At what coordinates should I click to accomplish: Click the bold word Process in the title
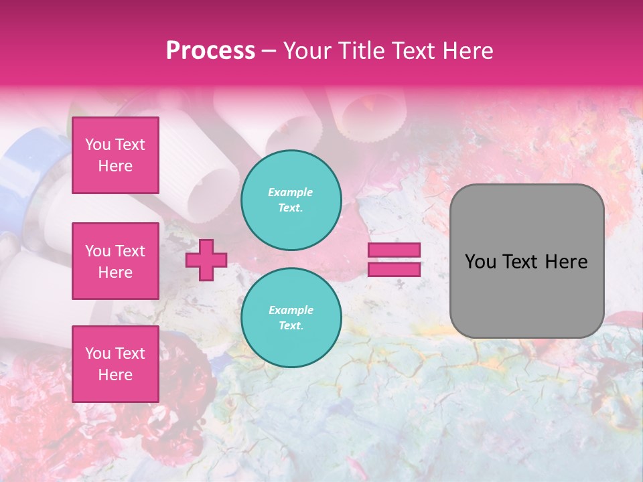[210, 51]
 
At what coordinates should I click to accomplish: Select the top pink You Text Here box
[115, 155]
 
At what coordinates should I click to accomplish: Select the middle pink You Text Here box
[115, 261]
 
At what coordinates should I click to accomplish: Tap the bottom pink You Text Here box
[115, 364]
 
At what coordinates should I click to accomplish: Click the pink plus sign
[206, 260]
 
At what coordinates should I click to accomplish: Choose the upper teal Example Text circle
[291, 199]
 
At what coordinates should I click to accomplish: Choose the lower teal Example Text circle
[291, 317]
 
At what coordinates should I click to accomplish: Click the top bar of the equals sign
[394, 250]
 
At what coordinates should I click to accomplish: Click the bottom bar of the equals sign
[394, 269]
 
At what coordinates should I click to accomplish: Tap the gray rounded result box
[526, 295]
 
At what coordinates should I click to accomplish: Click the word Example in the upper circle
[291, 192]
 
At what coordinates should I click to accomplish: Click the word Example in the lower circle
[291, 310]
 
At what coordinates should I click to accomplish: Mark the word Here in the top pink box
[115, 166]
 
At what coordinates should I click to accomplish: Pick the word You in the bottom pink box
[98, 353]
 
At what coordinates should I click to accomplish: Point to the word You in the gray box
[480, 262]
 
